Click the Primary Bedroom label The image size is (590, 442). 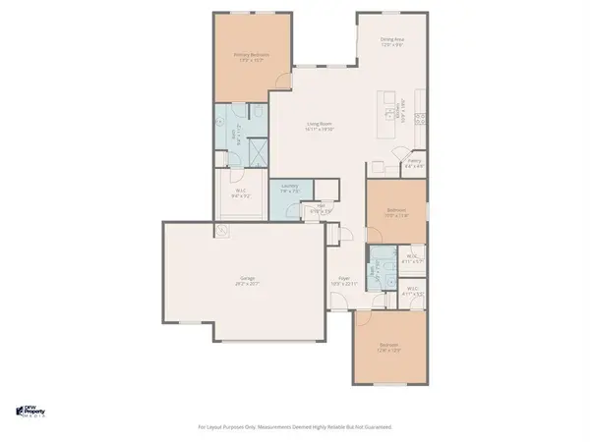pos(251,57)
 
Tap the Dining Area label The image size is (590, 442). pos(392,41)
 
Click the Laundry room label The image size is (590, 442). pos(289,189)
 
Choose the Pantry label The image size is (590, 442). pos(414,163)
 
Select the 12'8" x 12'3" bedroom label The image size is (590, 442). pos(389,347)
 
